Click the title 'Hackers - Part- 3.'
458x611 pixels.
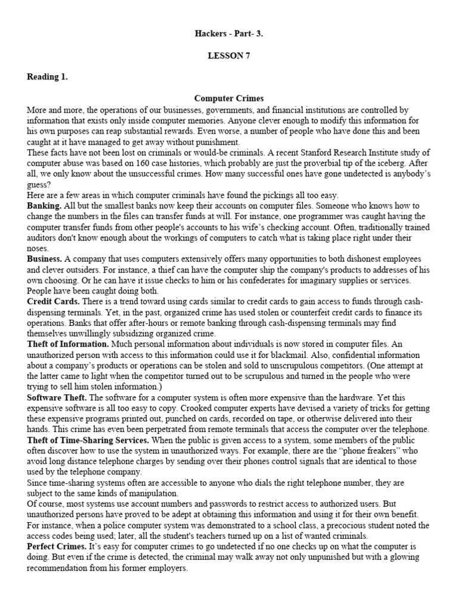click(x=229, y=34)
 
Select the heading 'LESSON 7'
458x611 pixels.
click(x=229, y=55)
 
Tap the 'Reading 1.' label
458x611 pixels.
click(x=48, y=77)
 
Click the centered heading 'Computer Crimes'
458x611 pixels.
click(x=229, y=98)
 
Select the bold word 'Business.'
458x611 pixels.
click(x=45, y=260)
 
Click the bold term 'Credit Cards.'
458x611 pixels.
click(x=52, y=303)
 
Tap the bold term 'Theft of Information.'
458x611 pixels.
click(x=68, y=345)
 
